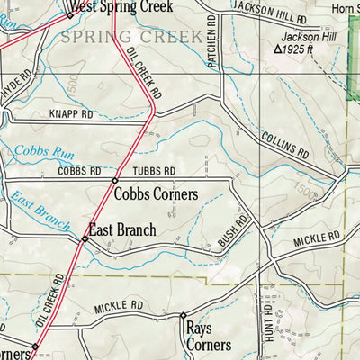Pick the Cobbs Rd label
click(78, 170)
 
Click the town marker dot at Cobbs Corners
click(114, 181)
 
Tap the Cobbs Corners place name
click(166, 193)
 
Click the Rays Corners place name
click(208, 337)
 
